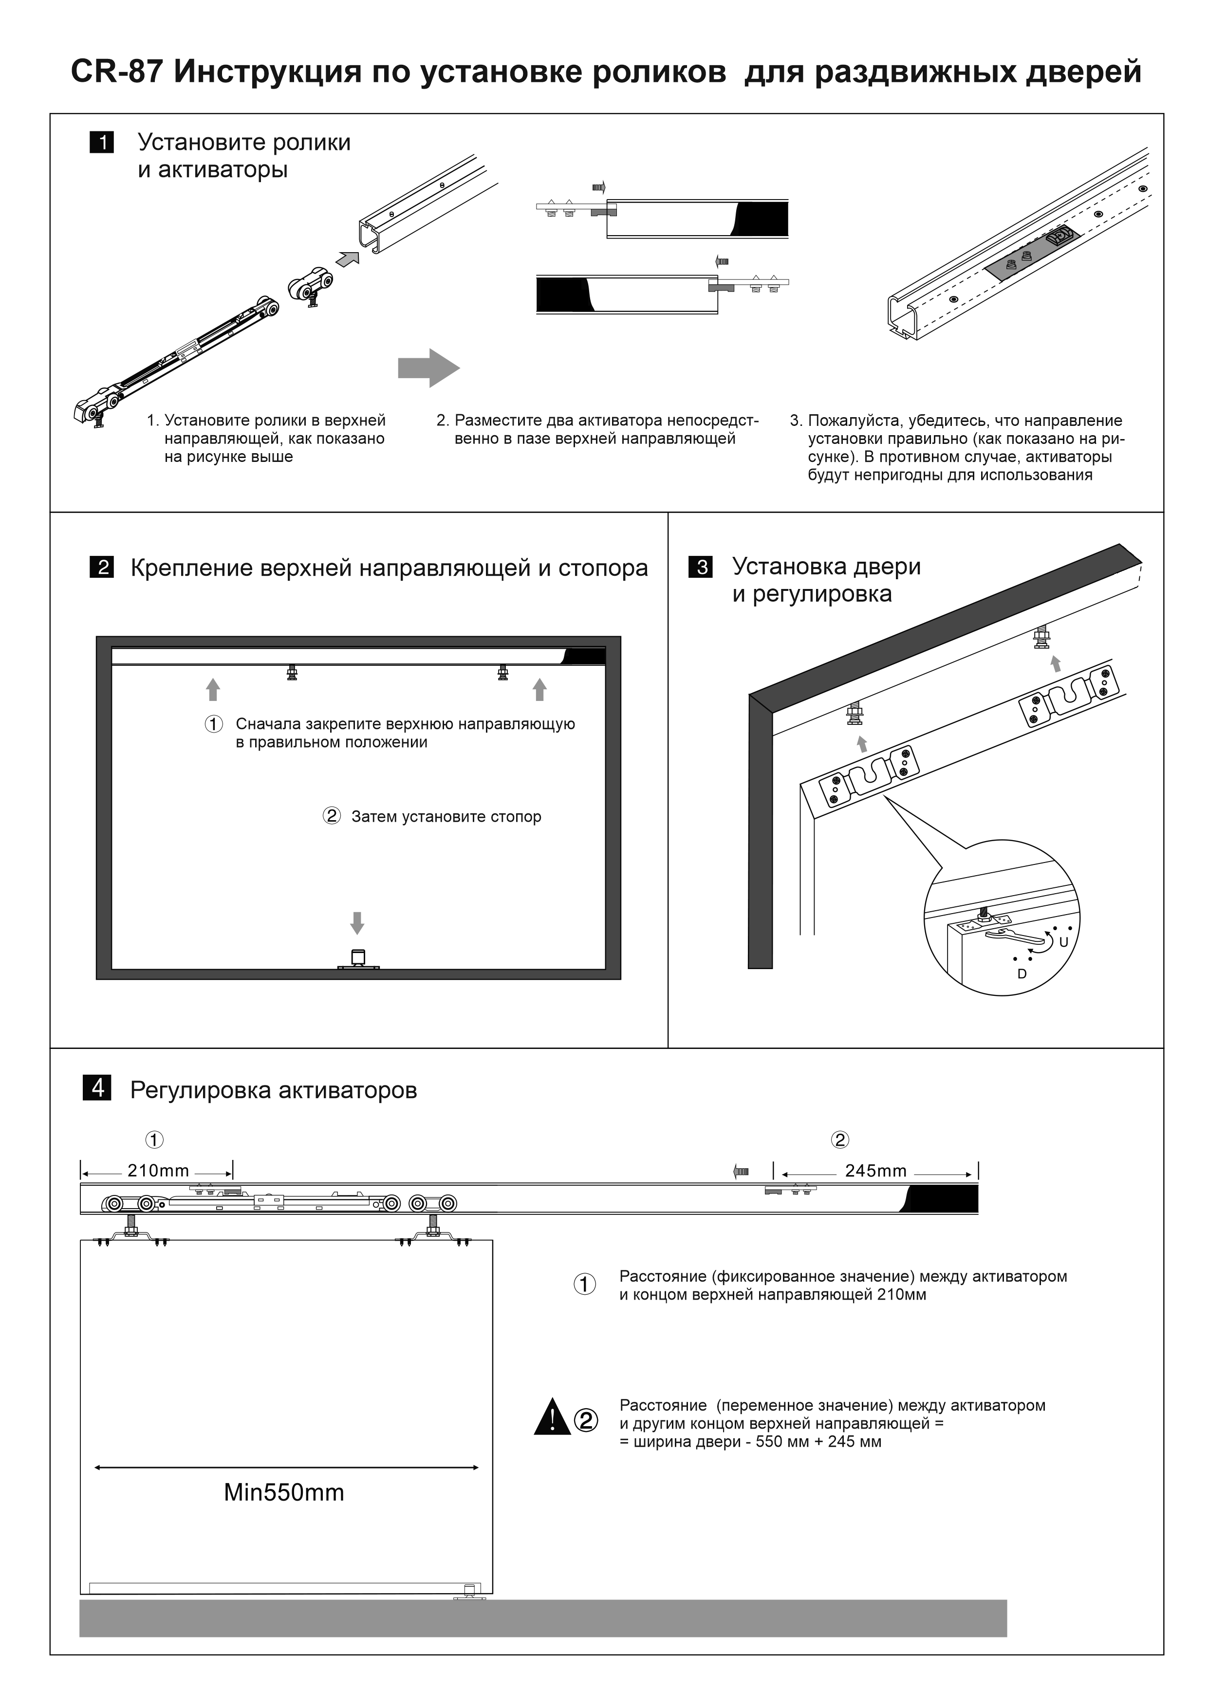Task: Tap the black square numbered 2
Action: tap(102, 567)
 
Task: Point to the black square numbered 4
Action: tap(97, 1088)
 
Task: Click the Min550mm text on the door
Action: tap(284, 1492)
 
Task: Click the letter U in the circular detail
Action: tap(1063, 942)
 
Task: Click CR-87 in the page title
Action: tap(117, 72)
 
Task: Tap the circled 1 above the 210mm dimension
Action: tap(154, 1139)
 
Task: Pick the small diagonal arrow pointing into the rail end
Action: tap(347, 258)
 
